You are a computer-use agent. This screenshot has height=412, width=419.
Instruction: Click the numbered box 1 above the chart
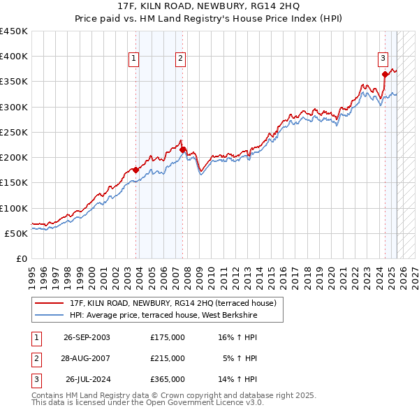[133, 59]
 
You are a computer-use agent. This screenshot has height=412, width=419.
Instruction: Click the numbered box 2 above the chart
[180, 59]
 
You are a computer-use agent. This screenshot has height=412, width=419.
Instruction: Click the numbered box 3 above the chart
[383, 59]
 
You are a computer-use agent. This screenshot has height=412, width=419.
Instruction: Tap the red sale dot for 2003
[136, 170]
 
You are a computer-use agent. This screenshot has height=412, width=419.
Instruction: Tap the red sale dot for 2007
[182, 149]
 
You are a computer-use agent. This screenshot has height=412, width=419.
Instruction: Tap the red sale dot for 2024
[385, 74]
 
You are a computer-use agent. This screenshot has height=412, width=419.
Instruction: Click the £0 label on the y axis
[22, 258]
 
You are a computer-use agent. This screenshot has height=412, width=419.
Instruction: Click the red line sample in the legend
[50, 303]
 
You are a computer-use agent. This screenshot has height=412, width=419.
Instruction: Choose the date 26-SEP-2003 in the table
[87, 337]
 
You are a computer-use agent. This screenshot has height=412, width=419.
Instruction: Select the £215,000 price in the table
[168, 358]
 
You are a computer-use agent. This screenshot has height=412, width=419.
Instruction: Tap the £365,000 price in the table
[168, 380]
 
